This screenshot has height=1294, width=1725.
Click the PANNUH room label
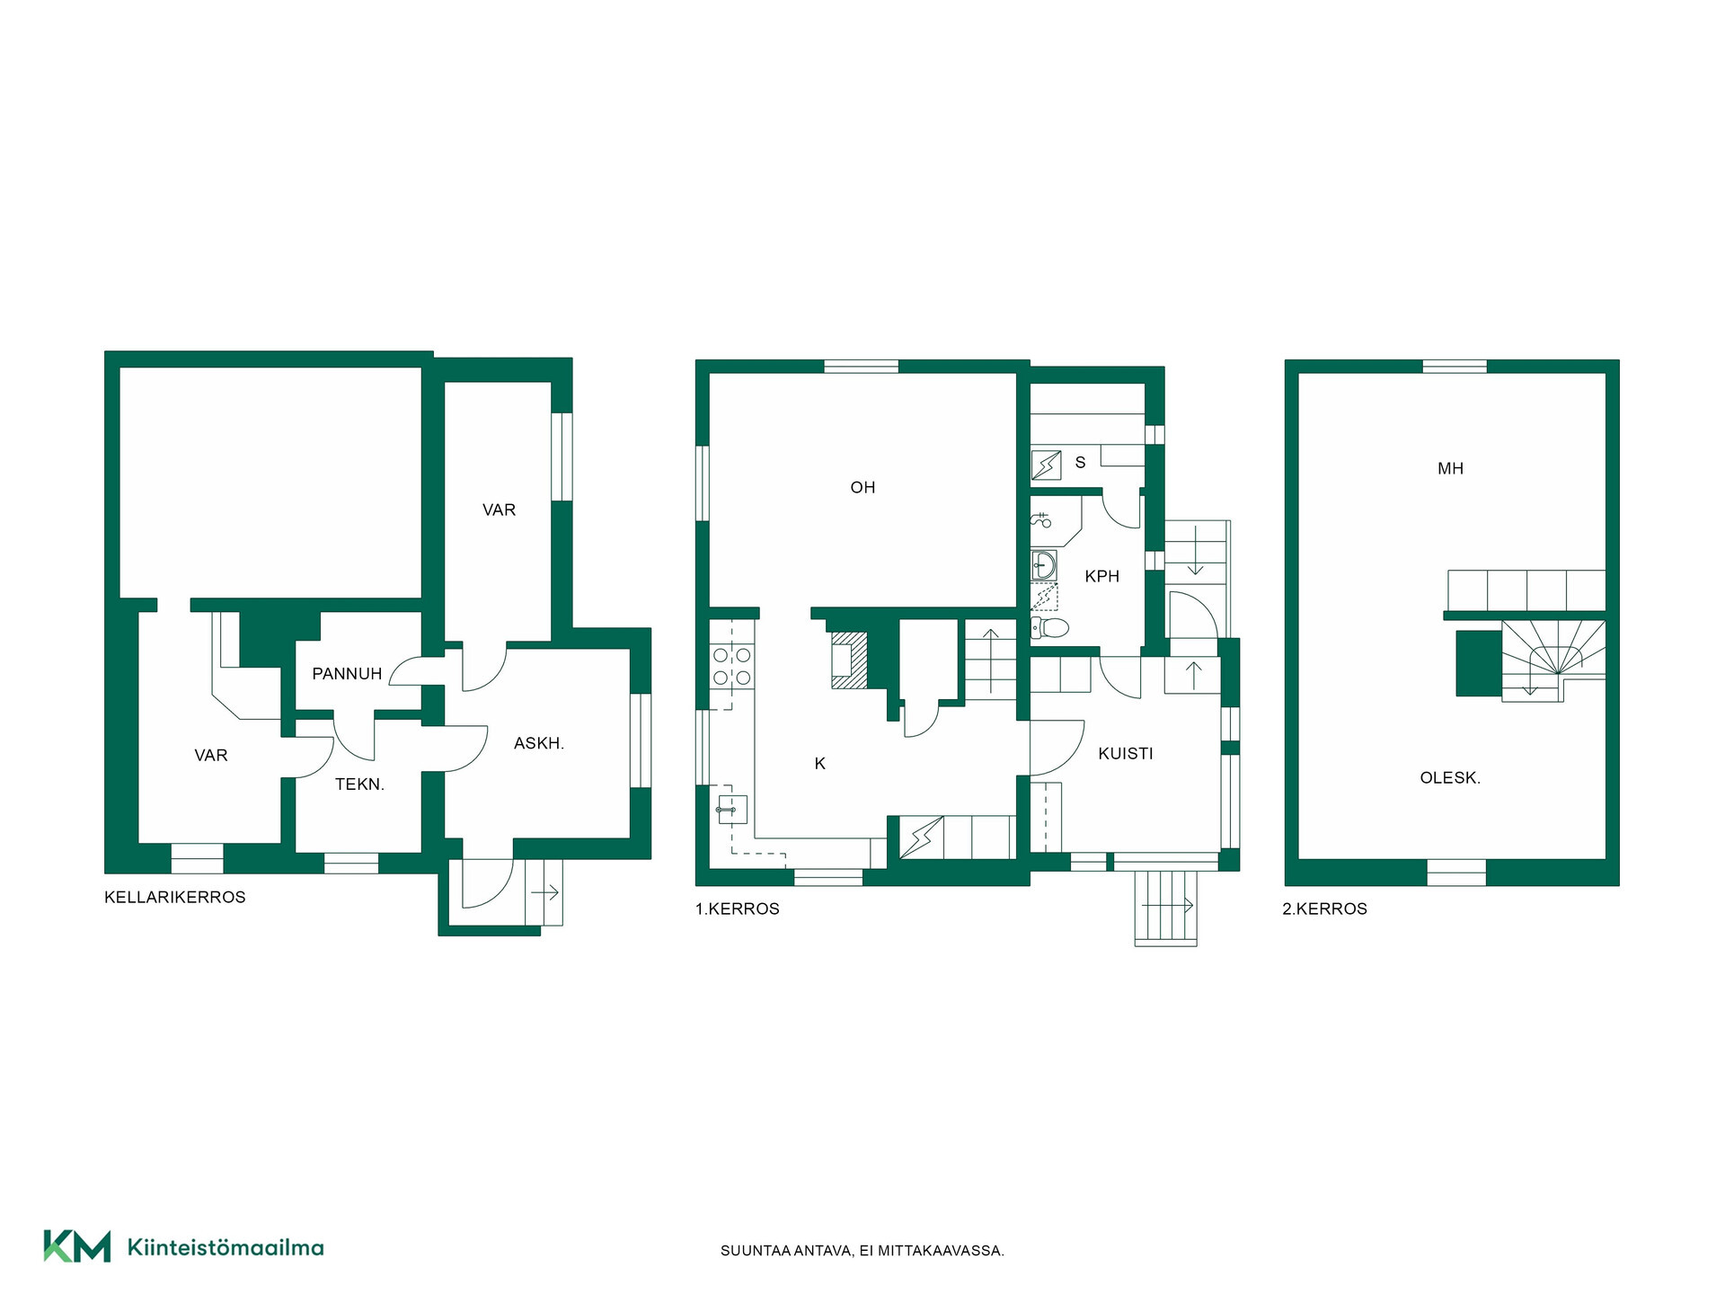pyautogui.click(x=347, y=674)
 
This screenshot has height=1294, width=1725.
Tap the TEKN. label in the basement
pyautogui.click(x=359, y=784)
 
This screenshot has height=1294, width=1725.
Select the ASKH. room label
pyautogui.click(x=539, y=743)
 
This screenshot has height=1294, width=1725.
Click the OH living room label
pyautogui.click(x=862, y=487)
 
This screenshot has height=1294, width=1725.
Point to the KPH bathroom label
pyautogui.click(x=1102, y=577)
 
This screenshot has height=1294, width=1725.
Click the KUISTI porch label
pyautogui.click(x=1126, y=754)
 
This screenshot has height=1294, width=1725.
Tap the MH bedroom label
pyautogui.click(x=1451, y=468)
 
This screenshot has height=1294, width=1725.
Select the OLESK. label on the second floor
pyautogui.click(x=1450, y=778)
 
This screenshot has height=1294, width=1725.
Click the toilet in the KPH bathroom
pyautogui.click(x=1049, y=627)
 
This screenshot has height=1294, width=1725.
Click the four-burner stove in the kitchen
pyautogui.click(x=732, y=667)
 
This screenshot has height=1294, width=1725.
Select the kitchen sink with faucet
pyautogui.click(x=732, y=810)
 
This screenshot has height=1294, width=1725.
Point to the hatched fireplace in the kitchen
pyautogui.click(x=849, y=660)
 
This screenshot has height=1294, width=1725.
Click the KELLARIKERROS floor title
pyautogui.click(x=175, y=898)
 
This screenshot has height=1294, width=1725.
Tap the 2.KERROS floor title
pyautogui.click(x=1324, y=909)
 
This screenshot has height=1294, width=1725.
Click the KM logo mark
pyautogui.click(x=77, y=1246)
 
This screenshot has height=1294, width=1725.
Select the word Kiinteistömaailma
pyautogui.click(x=226, y=1247)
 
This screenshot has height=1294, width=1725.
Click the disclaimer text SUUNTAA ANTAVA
pyautogui.click(x=786, y=1251)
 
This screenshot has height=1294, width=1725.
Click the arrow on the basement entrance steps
pyautogui.click(x=544, y=892)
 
